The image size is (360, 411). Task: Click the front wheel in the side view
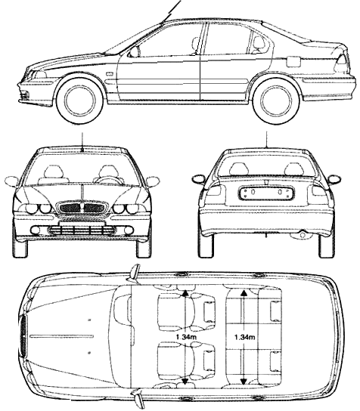coord(80,101)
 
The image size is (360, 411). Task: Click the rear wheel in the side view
coord(276,101)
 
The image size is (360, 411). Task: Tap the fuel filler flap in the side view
coord(293,61)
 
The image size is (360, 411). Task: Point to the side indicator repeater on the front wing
coord(109,73)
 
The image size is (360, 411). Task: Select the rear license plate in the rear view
coord(266,193)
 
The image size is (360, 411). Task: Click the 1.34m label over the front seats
coord(186,337)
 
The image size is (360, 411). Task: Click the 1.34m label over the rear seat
coord(244,337)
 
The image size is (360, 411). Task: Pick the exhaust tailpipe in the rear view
coord(303,235)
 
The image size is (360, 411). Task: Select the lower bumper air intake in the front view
coord(82,231)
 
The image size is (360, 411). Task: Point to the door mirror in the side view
coord(133,52)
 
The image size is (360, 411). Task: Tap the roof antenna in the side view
coord(172,11)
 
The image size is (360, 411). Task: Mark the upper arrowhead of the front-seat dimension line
coord(185,293)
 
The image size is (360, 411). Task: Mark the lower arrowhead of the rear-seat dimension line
coord(244,381)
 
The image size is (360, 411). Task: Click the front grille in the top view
coord(23,336)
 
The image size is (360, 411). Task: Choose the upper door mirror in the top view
coord(135,274)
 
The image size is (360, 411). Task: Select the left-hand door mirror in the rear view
coord(199,179)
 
